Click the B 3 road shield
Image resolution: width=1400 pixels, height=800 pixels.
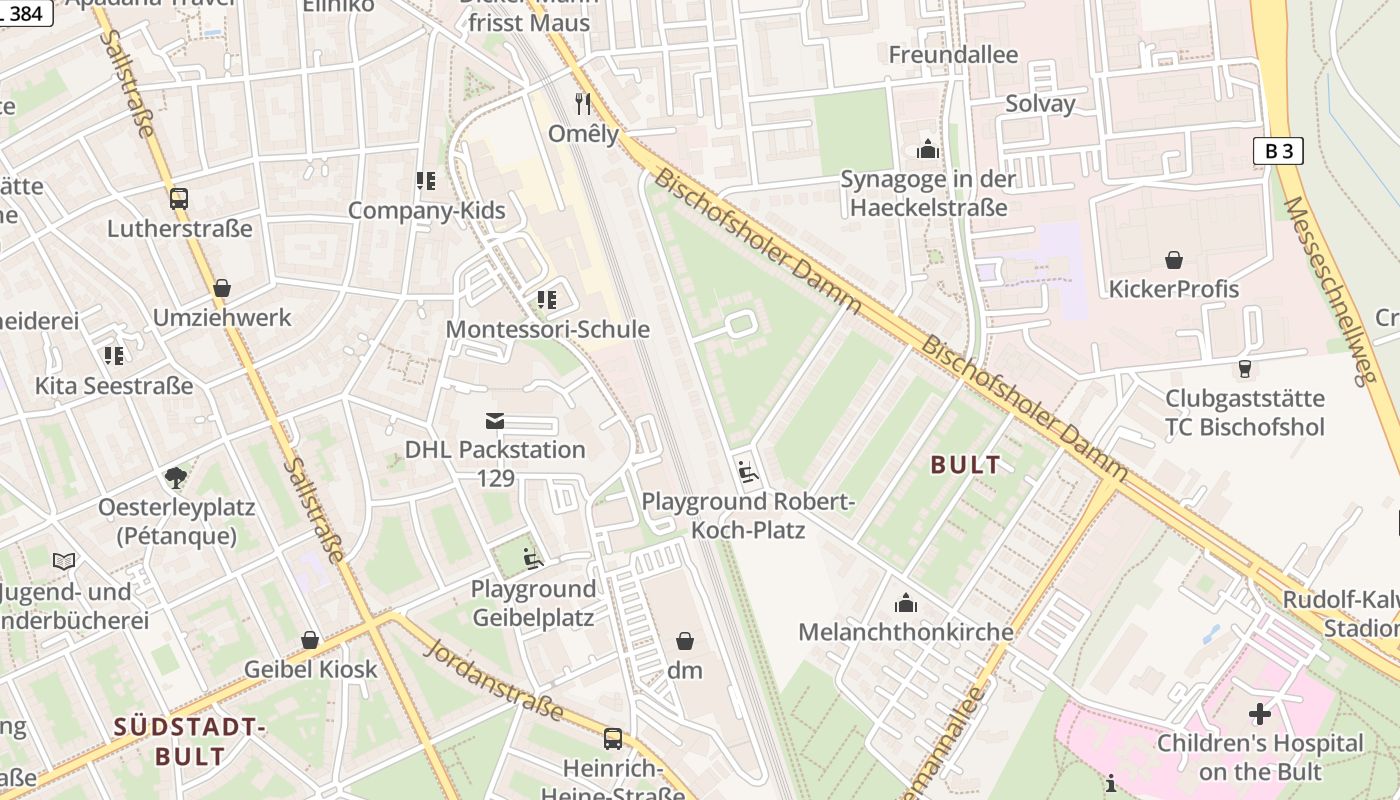pos(1278,151)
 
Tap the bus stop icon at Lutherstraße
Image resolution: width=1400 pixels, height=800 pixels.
pos(179,199)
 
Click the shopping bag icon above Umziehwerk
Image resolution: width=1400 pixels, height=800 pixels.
pos(222,288)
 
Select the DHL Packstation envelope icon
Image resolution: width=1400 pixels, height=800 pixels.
pos(495,420)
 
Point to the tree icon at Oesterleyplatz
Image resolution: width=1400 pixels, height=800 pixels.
pos(176,477)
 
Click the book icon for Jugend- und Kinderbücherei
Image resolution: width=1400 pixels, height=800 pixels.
pos(65,562)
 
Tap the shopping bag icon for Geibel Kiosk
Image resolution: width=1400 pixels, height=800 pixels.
pos(310,640)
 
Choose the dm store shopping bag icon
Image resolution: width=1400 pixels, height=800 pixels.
pos(685,640)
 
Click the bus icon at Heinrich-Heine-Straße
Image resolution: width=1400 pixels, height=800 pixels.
pos(613,739)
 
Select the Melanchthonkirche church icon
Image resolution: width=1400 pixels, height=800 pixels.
pos(906,603)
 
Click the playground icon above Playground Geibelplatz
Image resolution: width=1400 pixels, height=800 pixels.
pos(533,559)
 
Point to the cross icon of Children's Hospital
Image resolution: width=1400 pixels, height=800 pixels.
pos(1260,714)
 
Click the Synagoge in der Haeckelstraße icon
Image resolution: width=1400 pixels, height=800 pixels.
pos(928,150)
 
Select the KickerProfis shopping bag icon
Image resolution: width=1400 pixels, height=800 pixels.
pos(1174,260)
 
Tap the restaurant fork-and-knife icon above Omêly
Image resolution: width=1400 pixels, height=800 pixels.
pos(584,103)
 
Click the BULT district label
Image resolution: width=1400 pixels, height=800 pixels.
pos(965,465)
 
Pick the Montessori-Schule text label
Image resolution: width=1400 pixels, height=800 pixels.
pos(547,329)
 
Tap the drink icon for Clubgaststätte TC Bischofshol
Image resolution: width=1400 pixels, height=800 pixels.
pos(1244,369)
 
